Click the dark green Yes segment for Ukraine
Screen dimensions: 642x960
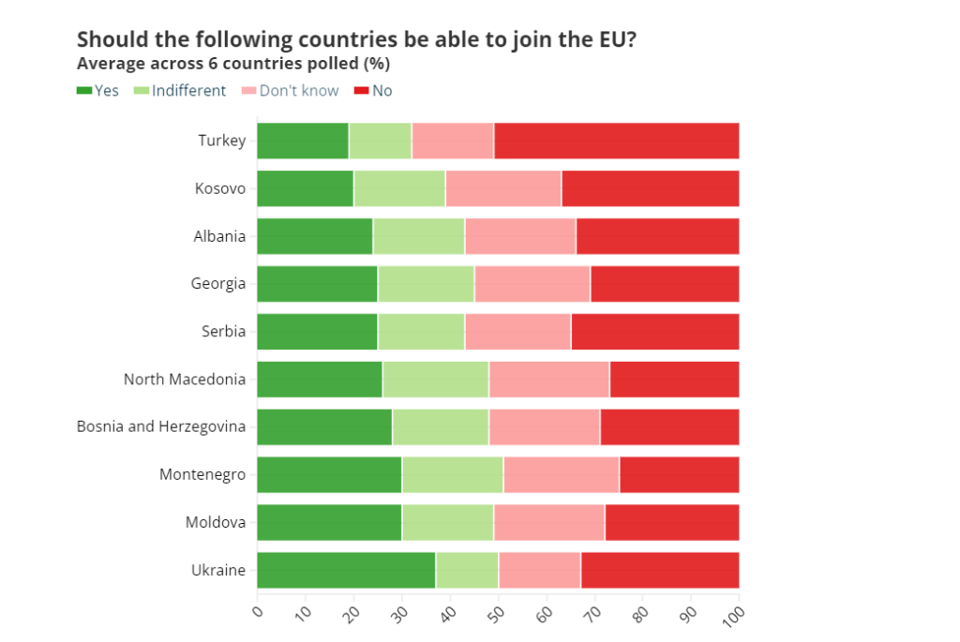click(x=346, y=570)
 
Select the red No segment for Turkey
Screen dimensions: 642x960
click(x=616, y=141)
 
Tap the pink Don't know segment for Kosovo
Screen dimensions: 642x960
click(x=503, y=188)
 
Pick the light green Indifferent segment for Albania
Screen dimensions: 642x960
click(x=418, y=236)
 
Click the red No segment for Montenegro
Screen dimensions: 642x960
click(x=679, y=474)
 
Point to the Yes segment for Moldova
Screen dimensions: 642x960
click(x=329, y=522)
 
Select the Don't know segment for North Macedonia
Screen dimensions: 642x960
click(x=548, y=379)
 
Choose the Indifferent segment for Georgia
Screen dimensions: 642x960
click(x=426, y=284)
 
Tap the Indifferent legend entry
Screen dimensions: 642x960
click(x=180, y=91)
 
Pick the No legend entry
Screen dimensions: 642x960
click(x=373, y=91)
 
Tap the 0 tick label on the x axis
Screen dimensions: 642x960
click(x=257, y=611)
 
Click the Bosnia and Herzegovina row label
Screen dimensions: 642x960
click(x=161, y=426)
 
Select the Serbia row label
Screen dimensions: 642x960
click(x=223, y=331)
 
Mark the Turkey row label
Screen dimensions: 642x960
click(x=222, y=141)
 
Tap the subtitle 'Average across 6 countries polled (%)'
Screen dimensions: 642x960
click(x=233, y=64)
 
